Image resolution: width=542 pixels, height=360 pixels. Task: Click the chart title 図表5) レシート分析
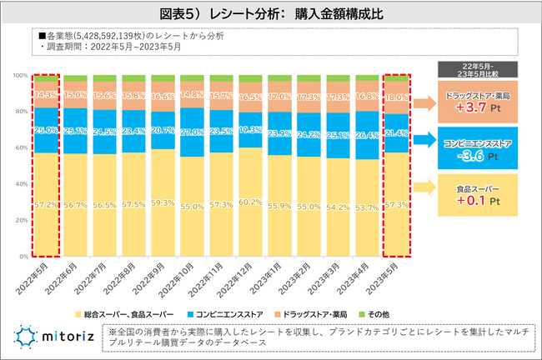pyautogui.click(x=270, y=14)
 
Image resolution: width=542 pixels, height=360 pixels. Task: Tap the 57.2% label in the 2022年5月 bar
pyautogui.click(x=47, y=203)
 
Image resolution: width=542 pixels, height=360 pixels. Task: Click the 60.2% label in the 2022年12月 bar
pyautogui.click(x=251, y=201)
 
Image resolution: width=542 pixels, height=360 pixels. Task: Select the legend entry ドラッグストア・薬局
pyautogui.click(x=313, y=313)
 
